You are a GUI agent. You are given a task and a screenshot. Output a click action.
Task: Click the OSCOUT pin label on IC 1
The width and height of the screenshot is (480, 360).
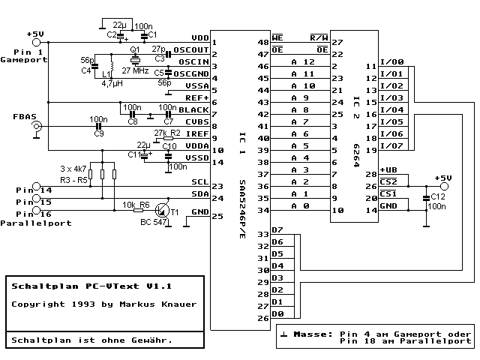point(190,50)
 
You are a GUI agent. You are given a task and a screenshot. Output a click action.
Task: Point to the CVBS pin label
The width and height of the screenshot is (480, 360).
point(196,121)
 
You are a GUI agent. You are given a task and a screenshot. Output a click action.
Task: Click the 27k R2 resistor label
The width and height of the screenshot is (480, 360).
point(167,132)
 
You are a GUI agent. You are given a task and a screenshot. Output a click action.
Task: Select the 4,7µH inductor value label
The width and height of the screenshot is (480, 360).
point(113,84)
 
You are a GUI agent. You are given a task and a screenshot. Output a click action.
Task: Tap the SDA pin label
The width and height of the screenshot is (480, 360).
point(199,194)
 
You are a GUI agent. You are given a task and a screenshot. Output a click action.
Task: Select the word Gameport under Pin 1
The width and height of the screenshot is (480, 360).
point(24,58)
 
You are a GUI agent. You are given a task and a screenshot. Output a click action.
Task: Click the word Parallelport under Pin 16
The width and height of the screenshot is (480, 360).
point(37,223)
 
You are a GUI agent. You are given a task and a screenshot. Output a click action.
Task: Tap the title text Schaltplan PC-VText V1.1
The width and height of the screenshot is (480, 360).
point(91,286)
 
